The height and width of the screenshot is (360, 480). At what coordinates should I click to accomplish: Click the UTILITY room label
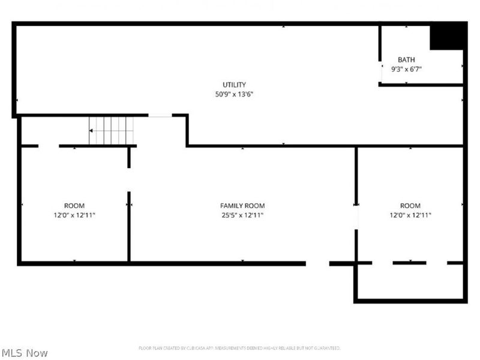tap(234, 85)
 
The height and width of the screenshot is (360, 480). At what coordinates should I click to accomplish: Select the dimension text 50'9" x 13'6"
tap(234, 94)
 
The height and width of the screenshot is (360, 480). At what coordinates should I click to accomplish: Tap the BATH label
tap(406, 59)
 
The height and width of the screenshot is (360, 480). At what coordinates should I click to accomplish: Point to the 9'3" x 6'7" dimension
tap(406, 69)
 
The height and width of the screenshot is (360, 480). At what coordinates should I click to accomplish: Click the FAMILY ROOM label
tap(242, 206)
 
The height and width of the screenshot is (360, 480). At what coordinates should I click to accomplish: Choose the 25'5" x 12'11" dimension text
tap(242, 215)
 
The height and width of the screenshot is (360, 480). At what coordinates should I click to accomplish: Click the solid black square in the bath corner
tap(447, 36)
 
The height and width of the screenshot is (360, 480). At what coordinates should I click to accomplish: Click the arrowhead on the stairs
tap(92, 130)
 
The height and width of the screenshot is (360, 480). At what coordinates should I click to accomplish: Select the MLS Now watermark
tap(24, 353)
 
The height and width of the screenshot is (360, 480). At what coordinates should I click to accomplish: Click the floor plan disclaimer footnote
tap(239, 348)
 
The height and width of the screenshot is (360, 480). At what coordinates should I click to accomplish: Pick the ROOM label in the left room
tap(74, 206)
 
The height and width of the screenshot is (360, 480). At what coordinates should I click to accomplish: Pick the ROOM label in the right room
tap(410, 206)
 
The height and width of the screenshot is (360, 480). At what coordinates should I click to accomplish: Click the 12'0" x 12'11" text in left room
tap(74, 215)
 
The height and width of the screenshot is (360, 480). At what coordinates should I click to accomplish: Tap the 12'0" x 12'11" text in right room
tap(410, 215)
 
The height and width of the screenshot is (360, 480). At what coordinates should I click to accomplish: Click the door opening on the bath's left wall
tap(380, 72)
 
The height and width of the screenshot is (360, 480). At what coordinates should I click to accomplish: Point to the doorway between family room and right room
tap(356, 216)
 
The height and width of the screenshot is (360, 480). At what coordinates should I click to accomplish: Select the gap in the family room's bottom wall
tap(317, 263)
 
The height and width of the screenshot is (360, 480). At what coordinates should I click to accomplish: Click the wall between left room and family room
tap(129, 227)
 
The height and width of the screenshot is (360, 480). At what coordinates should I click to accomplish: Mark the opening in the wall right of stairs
tap(160, 115)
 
